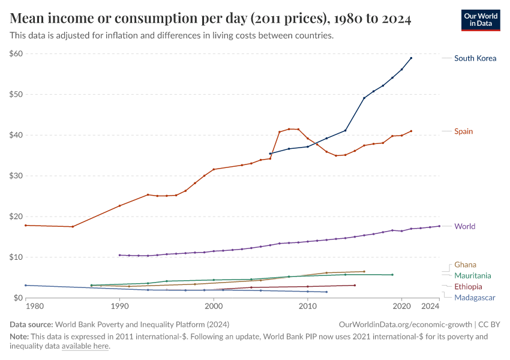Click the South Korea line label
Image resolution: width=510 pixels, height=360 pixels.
[475, 58]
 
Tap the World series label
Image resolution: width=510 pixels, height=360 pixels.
[464, 226]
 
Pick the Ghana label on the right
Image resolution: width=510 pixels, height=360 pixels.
[466, 265]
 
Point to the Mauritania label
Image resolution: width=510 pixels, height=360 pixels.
[472, 275]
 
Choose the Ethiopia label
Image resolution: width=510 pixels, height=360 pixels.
[468, 286]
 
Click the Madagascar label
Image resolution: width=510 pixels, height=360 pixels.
[475, 297]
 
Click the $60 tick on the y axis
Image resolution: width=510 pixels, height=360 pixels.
[16, 53]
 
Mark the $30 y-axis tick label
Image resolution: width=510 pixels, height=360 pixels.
[16, 176]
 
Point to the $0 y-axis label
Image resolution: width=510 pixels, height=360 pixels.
[18, 298]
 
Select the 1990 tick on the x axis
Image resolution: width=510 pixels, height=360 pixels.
[119, 307]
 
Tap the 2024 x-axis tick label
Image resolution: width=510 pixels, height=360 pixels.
[430, 307]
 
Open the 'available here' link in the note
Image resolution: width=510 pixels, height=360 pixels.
[85, 346]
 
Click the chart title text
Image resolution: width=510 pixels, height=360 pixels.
[210, 19]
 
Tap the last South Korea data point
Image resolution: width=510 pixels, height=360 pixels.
[411, 58]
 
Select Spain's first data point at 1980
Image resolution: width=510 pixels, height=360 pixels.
[25, 225]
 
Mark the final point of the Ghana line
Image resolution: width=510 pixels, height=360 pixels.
[364, 271]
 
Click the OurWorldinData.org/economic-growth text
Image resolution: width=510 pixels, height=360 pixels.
[406, 324]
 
